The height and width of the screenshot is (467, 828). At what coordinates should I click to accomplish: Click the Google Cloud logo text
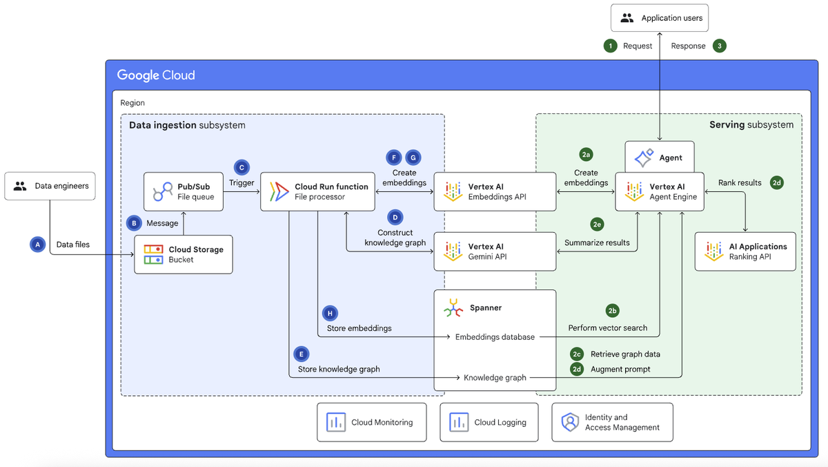click(x=156, y=75)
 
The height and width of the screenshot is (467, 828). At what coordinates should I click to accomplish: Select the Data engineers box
click(x=50, y=186)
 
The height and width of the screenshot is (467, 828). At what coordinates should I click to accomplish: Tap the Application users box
click(x=660, y=18)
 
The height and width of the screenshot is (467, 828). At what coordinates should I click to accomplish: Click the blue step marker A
click(x=38, y=244)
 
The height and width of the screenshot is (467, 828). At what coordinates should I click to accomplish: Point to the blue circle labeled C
click(x=241, y=167)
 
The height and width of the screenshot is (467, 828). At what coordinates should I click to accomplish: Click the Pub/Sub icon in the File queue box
click(x=163, y=191)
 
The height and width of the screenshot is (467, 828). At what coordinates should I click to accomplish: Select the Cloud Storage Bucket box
click(x=183, y=254)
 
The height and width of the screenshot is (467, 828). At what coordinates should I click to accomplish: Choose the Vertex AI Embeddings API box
click(x=495, y=191)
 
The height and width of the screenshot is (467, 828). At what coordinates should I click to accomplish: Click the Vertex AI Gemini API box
click(x=495, y=251)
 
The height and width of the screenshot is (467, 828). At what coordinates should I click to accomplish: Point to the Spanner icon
click(x=453, y=308)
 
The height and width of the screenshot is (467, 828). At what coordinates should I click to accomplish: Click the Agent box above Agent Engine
click(x=659, y=158)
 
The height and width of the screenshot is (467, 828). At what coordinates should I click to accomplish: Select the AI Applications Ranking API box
click(x=745, y=251)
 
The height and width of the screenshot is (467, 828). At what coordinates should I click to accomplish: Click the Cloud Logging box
click(x=489, y=422)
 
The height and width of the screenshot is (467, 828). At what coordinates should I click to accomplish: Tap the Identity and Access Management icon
click(x=569, y=422)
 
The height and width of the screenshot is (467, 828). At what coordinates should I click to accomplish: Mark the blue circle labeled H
click(x=330, y=312)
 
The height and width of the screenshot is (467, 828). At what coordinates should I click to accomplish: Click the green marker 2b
click(x=612, y=310)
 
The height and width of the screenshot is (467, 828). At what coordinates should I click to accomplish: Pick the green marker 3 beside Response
click(x=720, y=46)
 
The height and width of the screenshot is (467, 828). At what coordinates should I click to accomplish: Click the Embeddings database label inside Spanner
click(x=495, y=337)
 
